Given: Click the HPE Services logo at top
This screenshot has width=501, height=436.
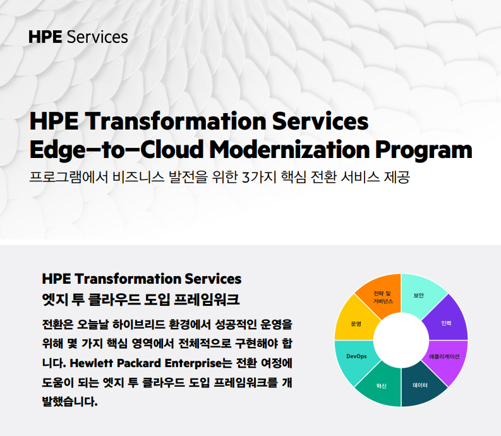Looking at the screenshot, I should pyautogui.click(x=78, y=37).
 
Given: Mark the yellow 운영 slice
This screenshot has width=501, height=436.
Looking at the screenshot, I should pyautogui.click(x=356, y=323).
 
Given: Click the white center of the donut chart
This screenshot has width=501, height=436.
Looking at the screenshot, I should pyautogui.click(x=401, y=340).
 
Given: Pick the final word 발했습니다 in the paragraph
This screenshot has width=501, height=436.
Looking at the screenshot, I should pyautogui.click(x=69, y=401).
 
